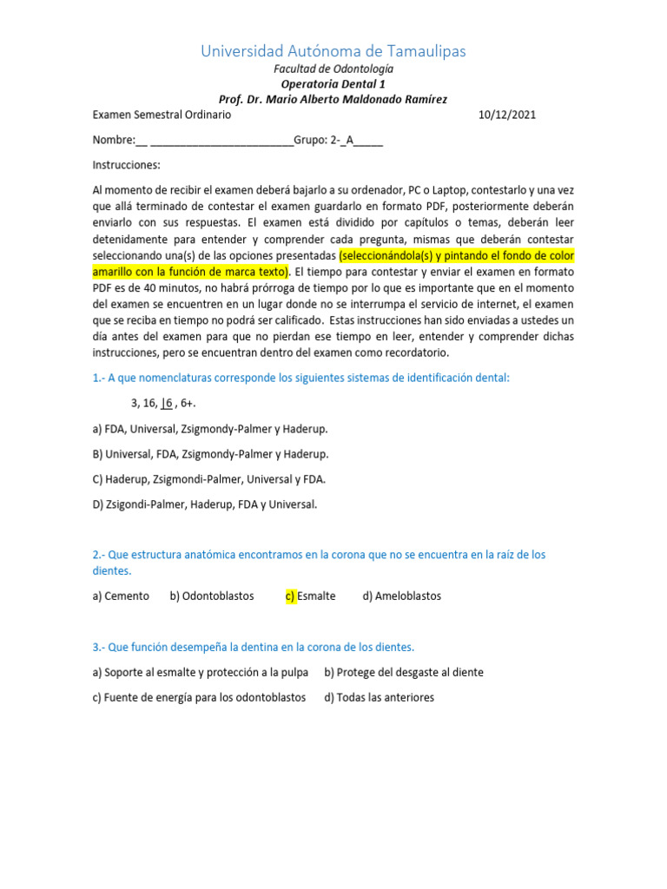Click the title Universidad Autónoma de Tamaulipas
click(333, 51)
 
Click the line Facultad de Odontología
click(333, 68)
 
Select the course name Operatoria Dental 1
click(333, 83)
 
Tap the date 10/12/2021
click(512, 115)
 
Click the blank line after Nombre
click(221, 141)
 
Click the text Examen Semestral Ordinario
click(162, 115)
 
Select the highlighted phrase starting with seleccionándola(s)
click(456, 257)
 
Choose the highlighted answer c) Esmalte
click(310, 596)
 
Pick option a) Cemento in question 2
click(121, 596)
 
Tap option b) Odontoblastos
click(212, 596)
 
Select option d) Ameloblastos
click(402, 596)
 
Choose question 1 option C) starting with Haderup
click(209, 478)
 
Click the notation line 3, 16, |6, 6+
click(163, 404)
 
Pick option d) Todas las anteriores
click(380, 697)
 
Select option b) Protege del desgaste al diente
click(404, 672)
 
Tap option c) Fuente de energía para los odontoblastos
click(199, 697)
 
